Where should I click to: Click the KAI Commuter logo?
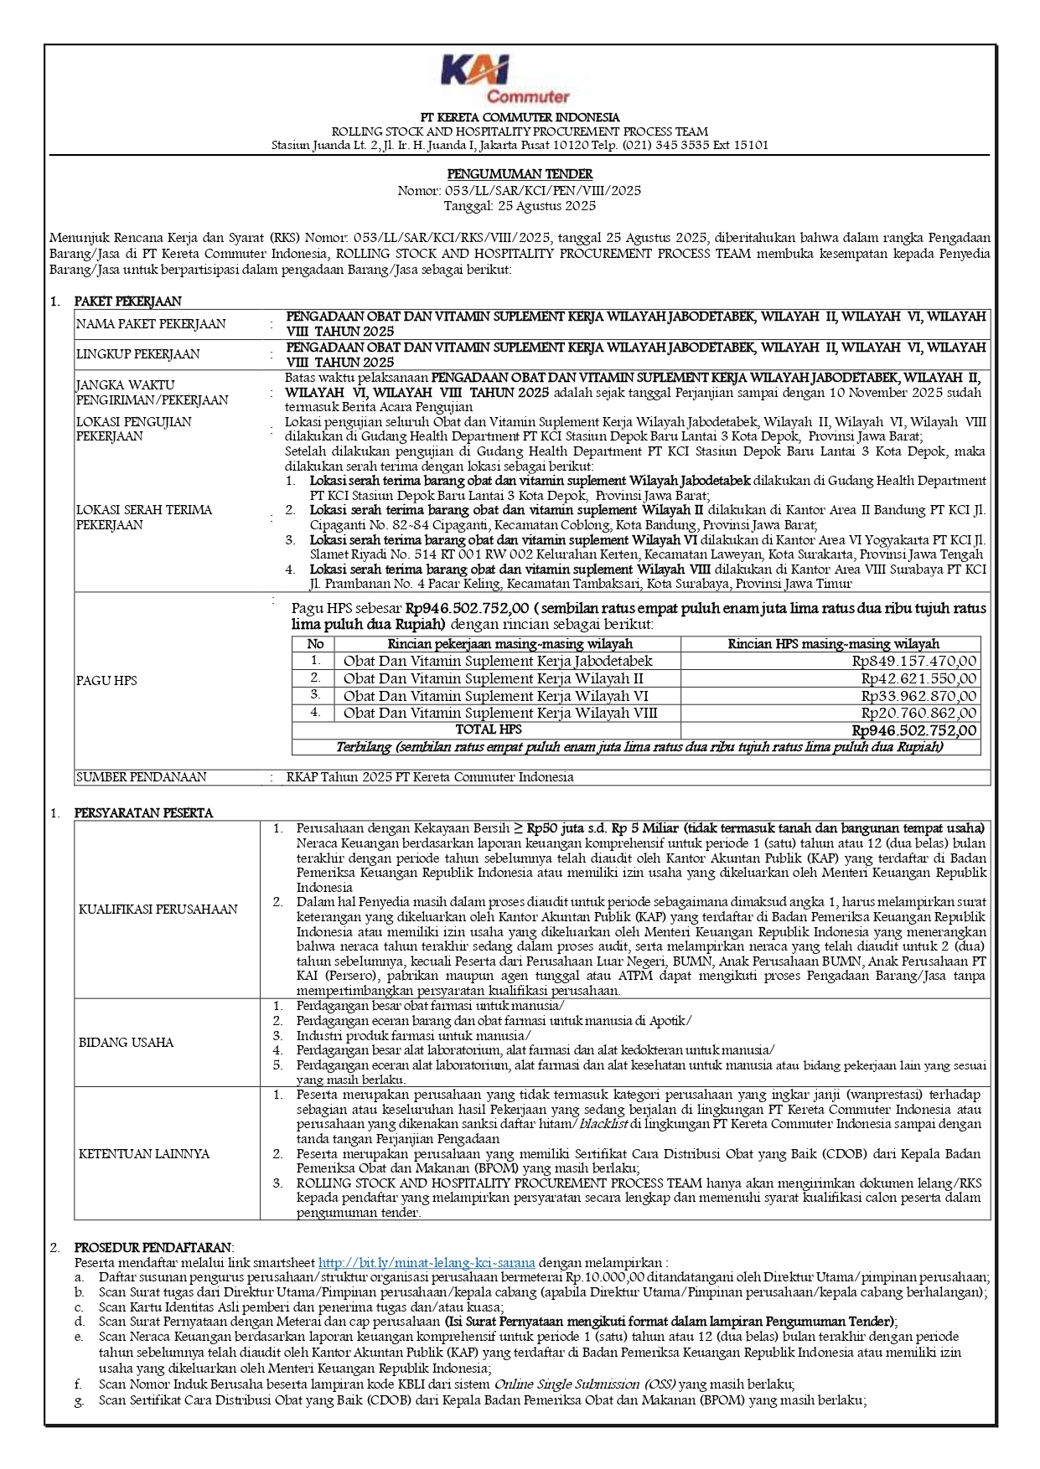(x=505, y=79)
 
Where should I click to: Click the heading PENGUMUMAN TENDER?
(x=520, y=174)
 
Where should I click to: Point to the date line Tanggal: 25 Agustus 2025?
(x=520, y=205)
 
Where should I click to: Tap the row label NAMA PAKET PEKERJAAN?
(x=151, y=324)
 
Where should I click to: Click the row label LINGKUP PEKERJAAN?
(x=137, y=354)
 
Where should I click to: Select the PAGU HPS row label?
(x=106, y=681)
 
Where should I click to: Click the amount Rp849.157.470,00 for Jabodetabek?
(x=913, y=661)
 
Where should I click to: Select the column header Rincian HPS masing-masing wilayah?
(x=833, y=644)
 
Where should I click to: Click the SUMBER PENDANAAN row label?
(x=141, y=777)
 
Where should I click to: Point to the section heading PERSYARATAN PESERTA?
(x=143, y=812)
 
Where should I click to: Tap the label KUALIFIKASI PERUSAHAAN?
(x=158, y=910)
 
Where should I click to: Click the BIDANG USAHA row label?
(x=126, y=1043)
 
